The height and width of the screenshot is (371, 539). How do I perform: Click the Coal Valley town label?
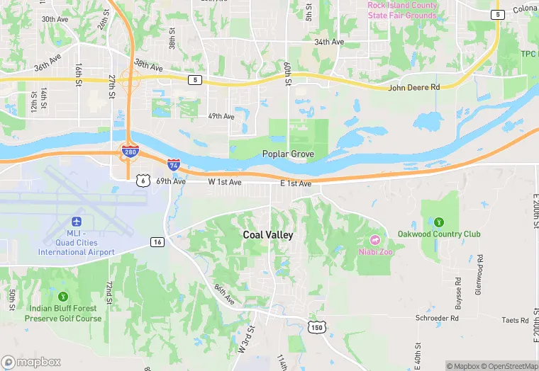click(268, 235)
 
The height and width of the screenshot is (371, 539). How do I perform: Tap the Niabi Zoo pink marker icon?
click(374, 238)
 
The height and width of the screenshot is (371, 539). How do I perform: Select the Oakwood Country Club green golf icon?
click(438, 222)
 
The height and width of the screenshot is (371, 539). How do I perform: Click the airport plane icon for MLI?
click(77, 222)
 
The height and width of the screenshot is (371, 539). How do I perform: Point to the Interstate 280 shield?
click(129, 152)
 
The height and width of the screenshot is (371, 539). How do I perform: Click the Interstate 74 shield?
click(174, 165)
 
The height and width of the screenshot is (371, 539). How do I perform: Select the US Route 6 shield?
click(143, 181)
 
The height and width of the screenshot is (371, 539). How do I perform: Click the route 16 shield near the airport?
click(157, 242)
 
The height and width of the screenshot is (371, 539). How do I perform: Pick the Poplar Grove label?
click(288, 154)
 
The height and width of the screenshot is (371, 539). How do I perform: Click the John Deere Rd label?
click(414, 87)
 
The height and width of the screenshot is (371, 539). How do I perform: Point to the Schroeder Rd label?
click(437, 319)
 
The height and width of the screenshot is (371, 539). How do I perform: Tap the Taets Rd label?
click(516, 320)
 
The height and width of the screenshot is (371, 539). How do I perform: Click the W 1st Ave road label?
click(225, 182)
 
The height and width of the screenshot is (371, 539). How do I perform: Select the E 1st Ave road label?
click(296, 183)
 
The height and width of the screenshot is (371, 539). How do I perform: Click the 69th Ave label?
click(171, 181)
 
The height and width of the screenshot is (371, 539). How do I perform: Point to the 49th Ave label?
click(221, 116)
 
